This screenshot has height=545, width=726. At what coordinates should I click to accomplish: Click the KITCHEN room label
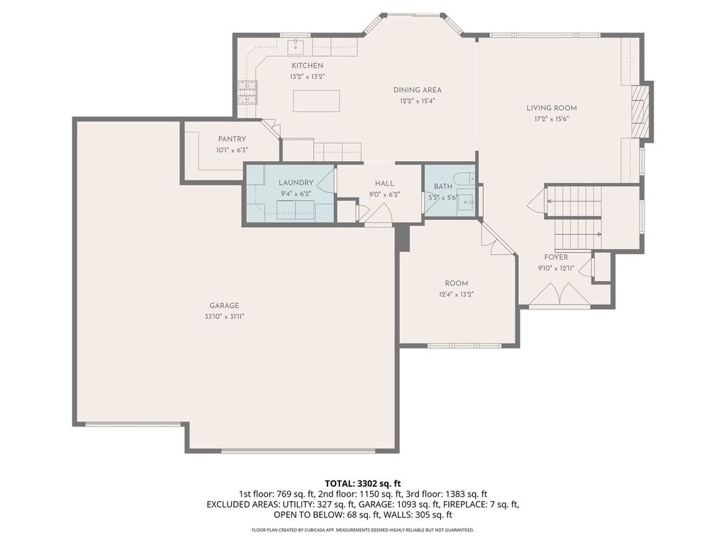(x=307, y=66)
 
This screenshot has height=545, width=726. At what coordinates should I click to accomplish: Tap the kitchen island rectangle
(x=316, y=101)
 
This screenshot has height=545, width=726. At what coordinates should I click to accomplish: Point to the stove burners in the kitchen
(x=247, y=92)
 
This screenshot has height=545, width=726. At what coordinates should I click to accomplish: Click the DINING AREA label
(x=417, y=90)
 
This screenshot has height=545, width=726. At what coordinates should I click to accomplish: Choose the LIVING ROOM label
(x=552, y=108)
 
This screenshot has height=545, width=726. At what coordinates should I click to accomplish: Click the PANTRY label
(x=232, y=139)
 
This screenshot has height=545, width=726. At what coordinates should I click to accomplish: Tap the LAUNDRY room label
(x=296, y=182)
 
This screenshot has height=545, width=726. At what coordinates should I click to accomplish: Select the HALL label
(x=384, y=184)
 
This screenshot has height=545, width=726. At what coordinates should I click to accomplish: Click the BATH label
(x=443, y=187)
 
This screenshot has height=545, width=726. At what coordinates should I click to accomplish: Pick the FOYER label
(x=556, y=257)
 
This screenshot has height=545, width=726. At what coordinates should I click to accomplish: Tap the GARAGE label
(x=224, y=306)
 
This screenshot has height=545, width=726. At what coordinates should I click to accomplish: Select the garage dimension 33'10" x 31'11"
(x=224, y=317)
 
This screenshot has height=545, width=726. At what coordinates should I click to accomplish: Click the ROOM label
(x=457, y=284)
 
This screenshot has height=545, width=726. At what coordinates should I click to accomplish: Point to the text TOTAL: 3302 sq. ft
(x=362, y=484)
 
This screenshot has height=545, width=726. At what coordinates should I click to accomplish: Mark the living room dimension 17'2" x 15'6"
(x=552, y=119)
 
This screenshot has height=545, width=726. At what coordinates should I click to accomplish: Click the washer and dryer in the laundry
(x=296, y=210)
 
